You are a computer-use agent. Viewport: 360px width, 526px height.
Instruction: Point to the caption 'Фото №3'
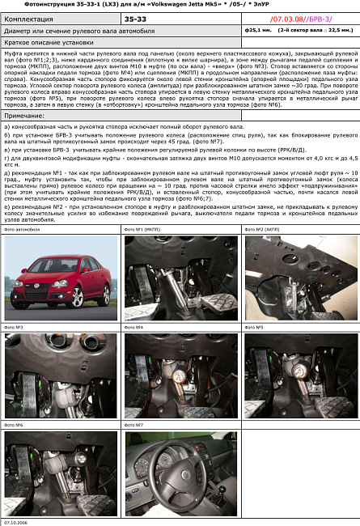14,327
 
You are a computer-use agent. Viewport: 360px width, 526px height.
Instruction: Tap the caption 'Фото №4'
134,327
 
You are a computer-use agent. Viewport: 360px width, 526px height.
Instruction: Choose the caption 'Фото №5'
254,327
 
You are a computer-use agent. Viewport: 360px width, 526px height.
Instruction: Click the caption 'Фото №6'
14,424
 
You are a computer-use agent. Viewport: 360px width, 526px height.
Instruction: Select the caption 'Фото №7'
134,424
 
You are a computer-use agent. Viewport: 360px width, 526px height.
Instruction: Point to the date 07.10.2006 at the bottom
18,522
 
